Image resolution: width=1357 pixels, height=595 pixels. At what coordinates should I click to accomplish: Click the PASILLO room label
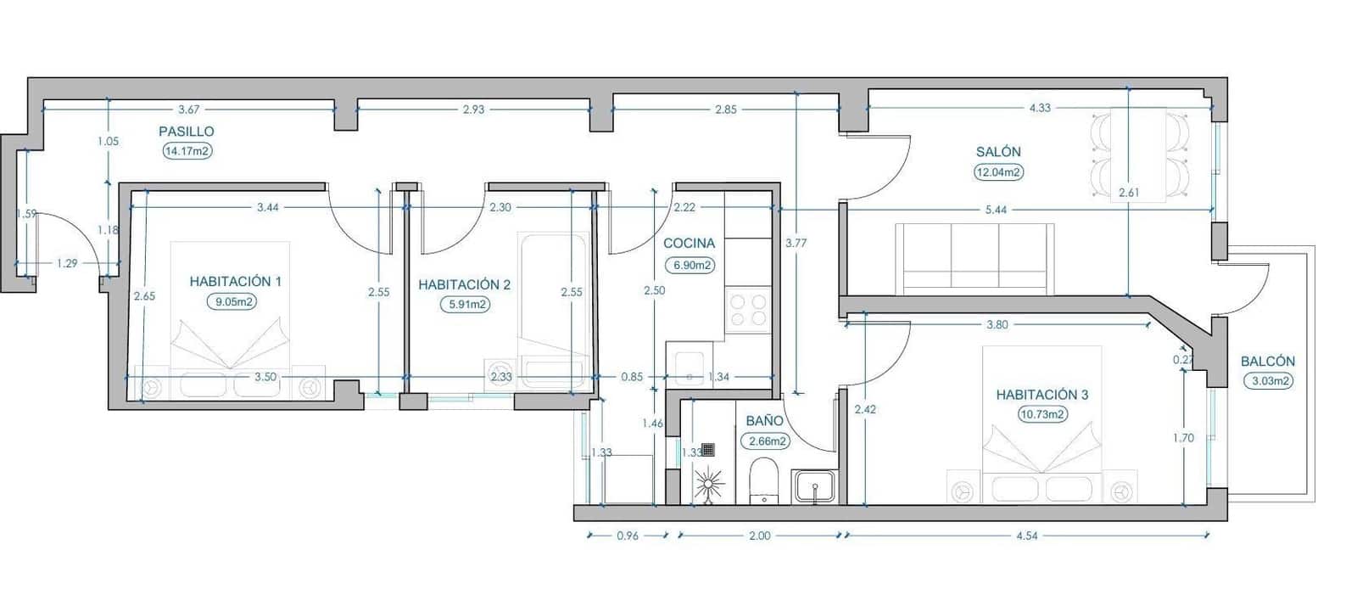click(x=187, y=132)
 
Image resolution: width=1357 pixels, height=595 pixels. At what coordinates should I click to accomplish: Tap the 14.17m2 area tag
click(x=187, y=151)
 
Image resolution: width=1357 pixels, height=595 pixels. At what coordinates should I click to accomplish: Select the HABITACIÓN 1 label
click(x=235, y=281)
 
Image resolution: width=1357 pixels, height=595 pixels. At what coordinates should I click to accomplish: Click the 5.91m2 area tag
click(x=465, y=304)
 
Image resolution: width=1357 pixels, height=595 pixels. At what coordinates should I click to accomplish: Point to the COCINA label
click(x=689, y=243)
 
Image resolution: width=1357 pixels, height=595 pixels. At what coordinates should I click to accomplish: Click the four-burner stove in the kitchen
click(x=747, y=310)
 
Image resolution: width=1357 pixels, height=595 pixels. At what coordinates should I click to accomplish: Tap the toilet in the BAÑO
click(x=763, y=480)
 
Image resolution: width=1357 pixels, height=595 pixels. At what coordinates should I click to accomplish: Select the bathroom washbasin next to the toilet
click(x=813, y=487)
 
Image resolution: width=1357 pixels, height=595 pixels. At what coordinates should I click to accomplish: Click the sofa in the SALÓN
click(x=974, y=259)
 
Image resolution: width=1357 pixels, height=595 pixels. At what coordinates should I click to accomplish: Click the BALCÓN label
click(x=1267, y=362)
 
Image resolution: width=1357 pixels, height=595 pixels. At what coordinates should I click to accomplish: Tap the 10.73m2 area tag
click(x=1042, y=414)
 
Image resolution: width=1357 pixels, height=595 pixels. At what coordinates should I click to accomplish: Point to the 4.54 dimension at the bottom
click(x=1026, y=536)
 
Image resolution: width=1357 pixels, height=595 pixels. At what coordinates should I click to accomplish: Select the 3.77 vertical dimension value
click(x=796, y=243)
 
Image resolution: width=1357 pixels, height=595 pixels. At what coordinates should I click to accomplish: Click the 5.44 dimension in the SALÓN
click(x=996, y=209)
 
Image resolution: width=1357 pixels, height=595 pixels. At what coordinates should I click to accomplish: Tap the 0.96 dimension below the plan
click(x=627, y=536)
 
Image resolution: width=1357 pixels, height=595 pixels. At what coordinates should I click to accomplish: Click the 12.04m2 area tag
click(x=998, y=171)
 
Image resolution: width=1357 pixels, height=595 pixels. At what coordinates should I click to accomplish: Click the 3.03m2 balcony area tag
click(x=1270, y=381)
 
